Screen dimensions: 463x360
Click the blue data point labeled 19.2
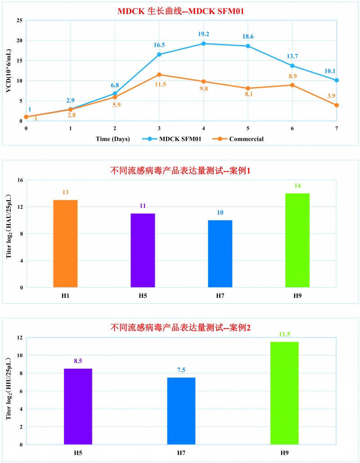point(203,44)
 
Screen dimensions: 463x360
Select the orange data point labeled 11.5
point(159,75)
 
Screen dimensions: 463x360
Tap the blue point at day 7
point(336,80)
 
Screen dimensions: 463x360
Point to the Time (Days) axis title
point(112,139)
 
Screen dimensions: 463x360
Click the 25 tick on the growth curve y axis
point(19,21)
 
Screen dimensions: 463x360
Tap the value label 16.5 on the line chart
point(159,45)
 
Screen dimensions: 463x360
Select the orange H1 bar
point(65,243)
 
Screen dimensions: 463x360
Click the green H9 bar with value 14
point(297,240)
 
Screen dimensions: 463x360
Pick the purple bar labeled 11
point(143,250)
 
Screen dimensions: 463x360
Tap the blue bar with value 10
point(220,253)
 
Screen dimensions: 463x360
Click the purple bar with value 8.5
point(78,406)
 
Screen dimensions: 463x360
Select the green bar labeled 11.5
point(284,393)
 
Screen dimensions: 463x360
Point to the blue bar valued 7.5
point(181,411)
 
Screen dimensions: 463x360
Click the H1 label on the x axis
point(65,295)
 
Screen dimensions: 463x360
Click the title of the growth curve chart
point(180,11)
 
